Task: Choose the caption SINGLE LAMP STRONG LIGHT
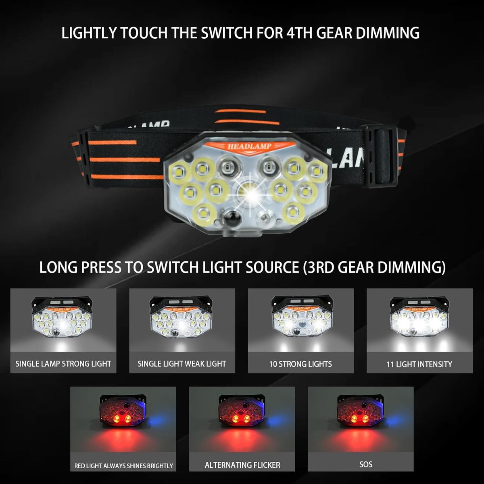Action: coord(63,363)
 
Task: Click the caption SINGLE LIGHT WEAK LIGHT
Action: coord(182,363)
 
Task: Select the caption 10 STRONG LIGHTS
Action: coord(300,364)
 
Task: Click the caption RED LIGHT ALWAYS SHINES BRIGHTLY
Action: coord(123,466)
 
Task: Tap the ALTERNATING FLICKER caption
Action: coord(242,465)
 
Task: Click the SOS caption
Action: coord(366,464)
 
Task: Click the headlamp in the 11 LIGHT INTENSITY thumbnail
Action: coord(419,317)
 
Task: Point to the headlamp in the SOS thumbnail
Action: coord(361,411)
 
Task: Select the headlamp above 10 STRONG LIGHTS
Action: coord(302,316)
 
